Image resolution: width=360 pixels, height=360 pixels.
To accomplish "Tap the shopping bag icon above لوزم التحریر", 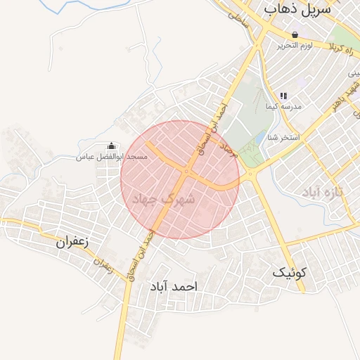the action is (294, 34).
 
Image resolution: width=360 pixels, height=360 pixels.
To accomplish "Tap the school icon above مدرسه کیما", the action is (283, 96).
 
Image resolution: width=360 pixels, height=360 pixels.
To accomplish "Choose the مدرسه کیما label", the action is (283, 107).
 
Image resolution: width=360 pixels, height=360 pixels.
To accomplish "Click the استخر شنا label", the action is (283, 137).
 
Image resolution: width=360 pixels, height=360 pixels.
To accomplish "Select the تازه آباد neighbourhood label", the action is (322, 192).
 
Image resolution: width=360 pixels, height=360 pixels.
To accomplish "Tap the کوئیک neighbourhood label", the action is (290, 272).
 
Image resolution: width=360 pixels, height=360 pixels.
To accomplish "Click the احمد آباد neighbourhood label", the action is (174, 287).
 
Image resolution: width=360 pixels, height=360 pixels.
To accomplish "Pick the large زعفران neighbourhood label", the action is (74, 242).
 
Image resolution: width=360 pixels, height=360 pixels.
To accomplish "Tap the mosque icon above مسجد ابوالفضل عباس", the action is (111, 146).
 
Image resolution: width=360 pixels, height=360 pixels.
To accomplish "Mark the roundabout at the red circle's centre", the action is (187, 172).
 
